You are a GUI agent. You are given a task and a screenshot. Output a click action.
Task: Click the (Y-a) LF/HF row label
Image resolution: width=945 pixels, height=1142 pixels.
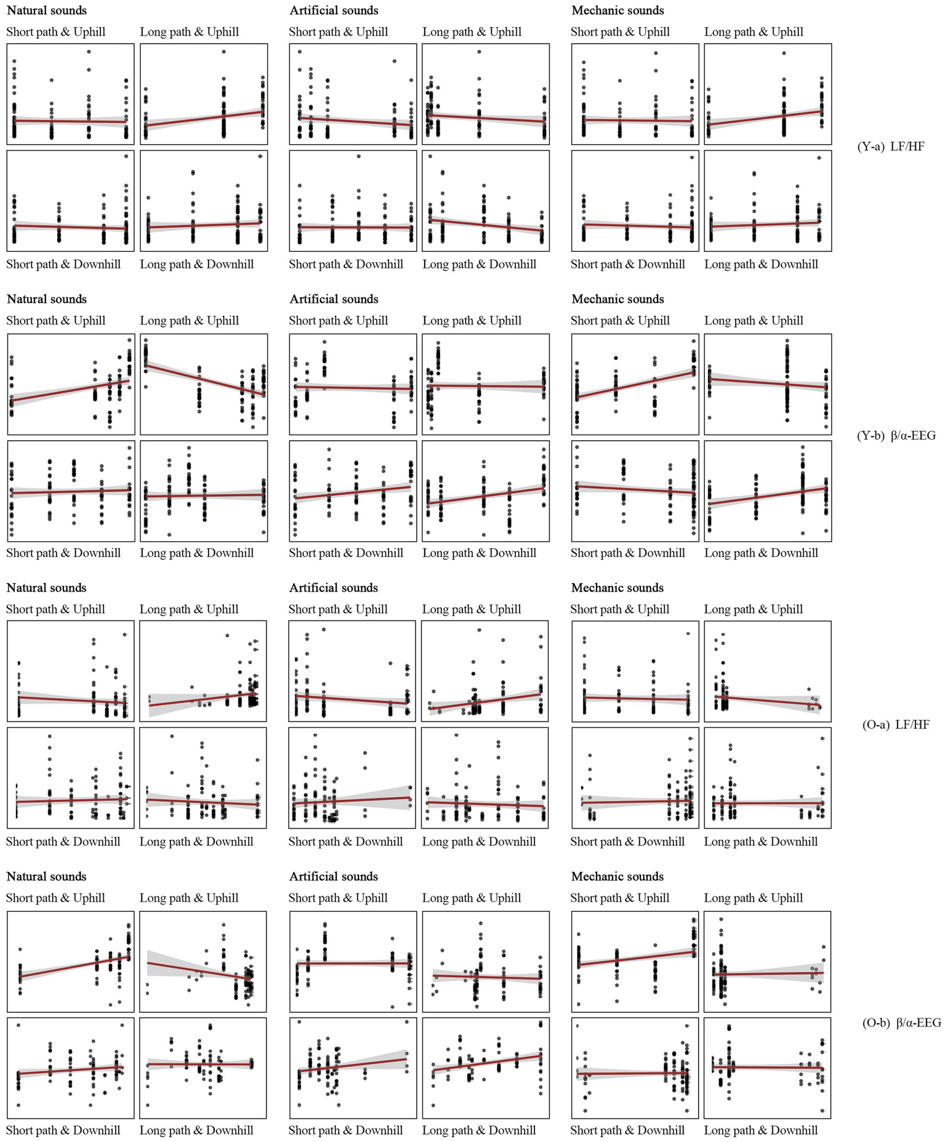(x=890, y=147)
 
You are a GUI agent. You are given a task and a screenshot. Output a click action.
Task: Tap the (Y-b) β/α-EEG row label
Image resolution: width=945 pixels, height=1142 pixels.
(x=896, y=436)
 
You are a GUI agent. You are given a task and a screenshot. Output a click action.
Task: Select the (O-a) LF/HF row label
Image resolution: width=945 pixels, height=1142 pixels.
(x=896, y=725)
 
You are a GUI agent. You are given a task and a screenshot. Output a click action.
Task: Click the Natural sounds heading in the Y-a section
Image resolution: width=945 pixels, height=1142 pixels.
(x=47, y=10)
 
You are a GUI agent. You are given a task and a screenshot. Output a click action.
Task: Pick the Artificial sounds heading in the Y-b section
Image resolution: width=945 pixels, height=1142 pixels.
(x=334, y=299)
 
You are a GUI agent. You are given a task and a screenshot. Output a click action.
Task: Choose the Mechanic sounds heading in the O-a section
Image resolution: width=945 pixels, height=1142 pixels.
(x=617, y=588)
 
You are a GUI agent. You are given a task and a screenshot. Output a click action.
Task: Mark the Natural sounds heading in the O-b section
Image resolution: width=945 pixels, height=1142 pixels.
(x=46, y=877)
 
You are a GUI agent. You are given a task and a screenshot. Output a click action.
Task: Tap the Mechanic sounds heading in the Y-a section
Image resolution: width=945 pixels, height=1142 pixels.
(x=617, y=10)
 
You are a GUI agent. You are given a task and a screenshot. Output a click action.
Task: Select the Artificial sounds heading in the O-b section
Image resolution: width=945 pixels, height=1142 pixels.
(x=333, y=877)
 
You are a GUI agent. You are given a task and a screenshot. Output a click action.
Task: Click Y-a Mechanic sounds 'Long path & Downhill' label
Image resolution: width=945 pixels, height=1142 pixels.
(x=761, y=265)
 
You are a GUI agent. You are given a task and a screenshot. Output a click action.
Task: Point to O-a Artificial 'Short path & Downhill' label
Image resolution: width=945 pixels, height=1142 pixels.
(x=345, y=842)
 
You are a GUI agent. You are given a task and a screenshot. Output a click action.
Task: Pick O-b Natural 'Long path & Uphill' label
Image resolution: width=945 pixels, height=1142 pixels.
(x=189, y=898)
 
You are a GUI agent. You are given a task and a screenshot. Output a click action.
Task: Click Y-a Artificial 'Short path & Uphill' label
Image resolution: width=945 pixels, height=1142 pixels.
(x=338, y=32)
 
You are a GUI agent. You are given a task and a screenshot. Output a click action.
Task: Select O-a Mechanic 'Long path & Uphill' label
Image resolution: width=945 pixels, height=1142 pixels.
(x=754, y=609)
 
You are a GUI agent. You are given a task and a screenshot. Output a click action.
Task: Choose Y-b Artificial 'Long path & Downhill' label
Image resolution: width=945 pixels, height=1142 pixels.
(x=479, y=553)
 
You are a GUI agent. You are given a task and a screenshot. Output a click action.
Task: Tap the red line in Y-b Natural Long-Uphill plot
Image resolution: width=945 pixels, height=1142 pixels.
(x=203, y=380)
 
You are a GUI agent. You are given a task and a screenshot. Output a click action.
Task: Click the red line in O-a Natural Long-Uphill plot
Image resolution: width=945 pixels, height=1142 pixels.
(x=203, y=699)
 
